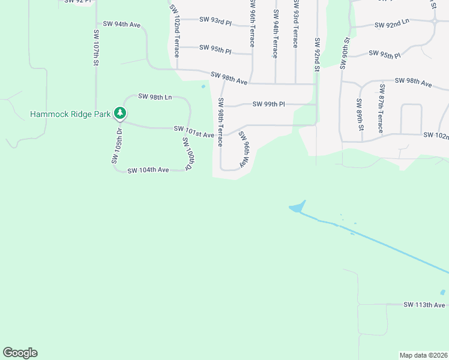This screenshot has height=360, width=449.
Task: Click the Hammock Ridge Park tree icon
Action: (x=121, y=113)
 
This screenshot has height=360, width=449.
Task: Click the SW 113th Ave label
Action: (x=424, y=305)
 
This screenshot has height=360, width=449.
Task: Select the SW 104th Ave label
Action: (x=148, y=170)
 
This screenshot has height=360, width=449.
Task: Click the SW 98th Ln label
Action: (x=155, y=96)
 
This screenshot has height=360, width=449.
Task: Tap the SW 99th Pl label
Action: (x=268, y=104)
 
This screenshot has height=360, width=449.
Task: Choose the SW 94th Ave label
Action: (x=122, y=24)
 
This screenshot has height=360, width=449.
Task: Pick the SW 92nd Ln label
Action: (x=391, y=25)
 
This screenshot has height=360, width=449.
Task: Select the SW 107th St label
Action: (x=95, y=47)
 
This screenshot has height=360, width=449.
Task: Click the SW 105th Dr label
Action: (x=116, y=145)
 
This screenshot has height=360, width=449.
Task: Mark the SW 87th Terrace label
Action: (x=381, y=109)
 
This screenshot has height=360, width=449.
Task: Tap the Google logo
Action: (x=20, y=353)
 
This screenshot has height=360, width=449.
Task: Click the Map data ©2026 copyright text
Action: (x=423, y=355)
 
